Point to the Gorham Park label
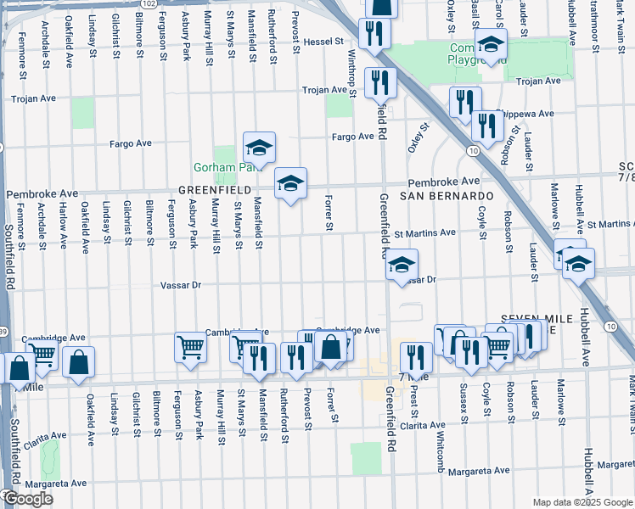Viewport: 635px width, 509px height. (x=218, y=167)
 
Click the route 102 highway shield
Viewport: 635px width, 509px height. (x=148, y=4)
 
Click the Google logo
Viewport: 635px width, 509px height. (x=28, y=499)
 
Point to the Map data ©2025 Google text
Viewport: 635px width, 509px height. (x=582, y=502)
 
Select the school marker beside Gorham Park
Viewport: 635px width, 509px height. (x=261, y=148)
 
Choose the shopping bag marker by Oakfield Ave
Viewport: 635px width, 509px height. (x=78, y=361)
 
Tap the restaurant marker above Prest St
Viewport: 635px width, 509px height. (x=415, y=355)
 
